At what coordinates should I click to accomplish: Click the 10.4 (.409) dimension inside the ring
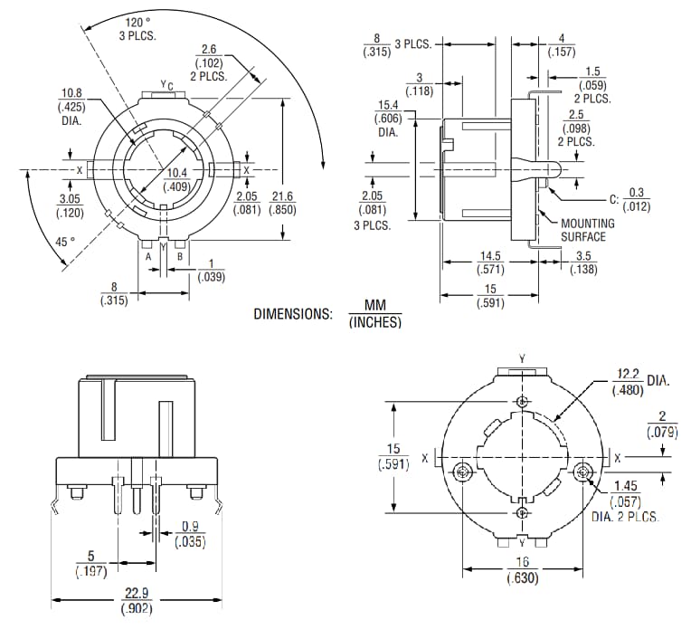[176, 180]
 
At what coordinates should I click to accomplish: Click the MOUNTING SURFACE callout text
[587, 230]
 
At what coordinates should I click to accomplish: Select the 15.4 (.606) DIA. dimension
[389, 119]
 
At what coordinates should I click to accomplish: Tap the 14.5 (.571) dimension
[492, 262]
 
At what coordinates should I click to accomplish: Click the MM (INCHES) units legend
[374, 314]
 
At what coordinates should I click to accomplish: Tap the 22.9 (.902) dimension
[136, 602]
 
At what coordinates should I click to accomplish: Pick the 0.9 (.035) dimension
[189, 534]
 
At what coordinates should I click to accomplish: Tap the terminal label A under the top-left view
[148, 256]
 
